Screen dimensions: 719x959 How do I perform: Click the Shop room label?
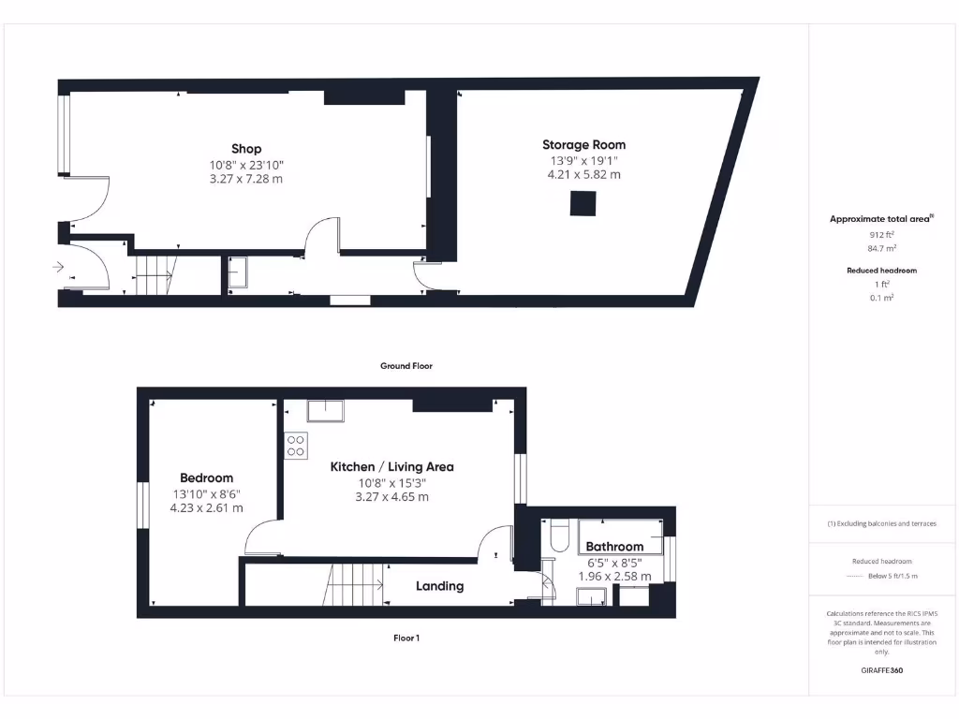(246, 149)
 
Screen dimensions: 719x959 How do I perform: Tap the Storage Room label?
(583, 145)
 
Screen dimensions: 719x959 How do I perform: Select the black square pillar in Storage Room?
(583, 203)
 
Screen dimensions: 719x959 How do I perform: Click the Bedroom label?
(207, 478)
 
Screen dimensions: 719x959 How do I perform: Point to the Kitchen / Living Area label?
(391, 466)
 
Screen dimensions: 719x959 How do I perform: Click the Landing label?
(439, 586)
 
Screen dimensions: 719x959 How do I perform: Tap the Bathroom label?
(614, 547)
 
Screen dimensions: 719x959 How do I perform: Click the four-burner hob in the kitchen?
(296, 446)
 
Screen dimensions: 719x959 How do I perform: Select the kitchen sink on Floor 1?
(325, 411)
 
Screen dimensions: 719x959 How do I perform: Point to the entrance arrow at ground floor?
(58, 267)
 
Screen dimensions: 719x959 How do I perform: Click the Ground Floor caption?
(406, 366)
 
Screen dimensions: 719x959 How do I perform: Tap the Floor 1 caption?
(406, 638)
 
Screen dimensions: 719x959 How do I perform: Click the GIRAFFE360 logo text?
(882, 670)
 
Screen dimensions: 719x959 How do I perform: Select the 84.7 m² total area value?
(882, 248)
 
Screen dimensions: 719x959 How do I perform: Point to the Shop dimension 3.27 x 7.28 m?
(246, 179)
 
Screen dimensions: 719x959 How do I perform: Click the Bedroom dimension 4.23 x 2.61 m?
(206, 508)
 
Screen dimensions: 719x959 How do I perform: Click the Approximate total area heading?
(881, 219)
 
